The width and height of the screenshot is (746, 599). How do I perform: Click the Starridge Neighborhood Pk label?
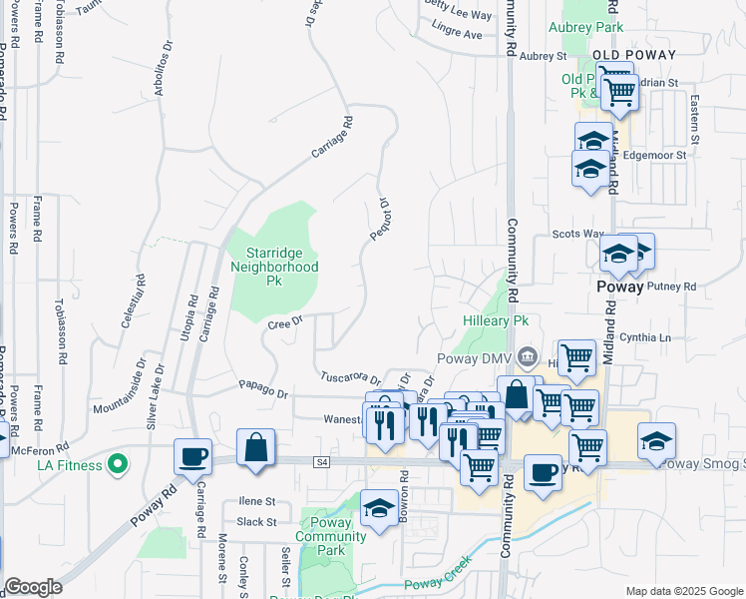click(x=274, y=267)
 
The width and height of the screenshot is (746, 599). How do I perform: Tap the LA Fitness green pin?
click(x=118, y=464)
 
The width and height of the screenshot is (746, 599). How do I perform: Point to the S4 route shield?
click(x=320, y=462)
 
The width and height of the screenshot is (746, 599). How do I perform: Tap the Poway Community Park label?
click(x=331, y=536)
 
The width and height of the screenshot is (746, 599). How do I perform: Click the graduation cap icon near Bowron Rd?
click(x=379, y=509)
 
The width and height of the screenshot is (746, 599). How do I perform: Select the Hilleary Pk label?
click(x=496, y=321)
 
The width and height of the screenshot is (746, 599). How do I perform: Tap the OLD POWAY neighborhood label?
click(x=634, y=55)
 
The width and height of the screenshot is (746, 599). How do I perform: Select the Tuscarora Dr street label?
click(x=350, y=377)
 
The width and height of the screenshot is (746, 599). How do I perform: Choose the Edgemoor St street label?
click(x=655, y=156)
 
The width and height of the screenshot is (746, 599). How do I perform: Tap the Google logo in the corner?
click(x=33, y=587)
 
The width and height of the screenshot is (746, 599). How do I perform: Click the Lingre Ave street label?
click(x=458, y=34)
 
